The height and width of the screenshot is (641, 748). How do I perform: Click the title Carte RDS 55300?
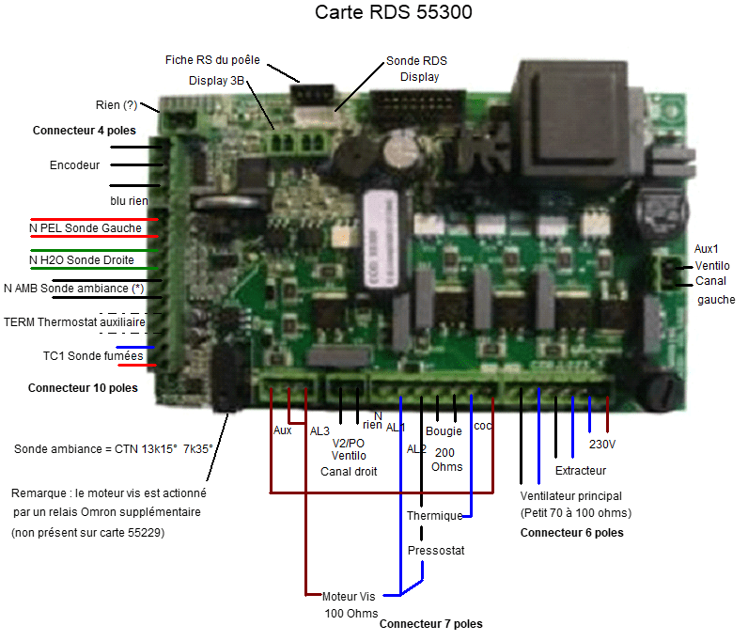point(393,13)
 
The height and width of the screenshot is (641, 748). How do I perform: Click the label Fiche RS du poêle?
point(212,60)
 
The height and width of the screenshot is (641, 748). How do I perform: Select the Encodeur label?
point(74,165)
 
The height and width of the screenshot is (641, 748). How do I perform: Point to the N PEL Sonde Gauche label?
point(86,228)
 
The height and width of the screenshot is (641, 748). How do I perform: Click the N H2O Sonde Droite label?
point(82,260)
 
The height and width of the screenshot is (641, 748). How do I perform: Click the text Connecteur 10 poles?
point(83,387)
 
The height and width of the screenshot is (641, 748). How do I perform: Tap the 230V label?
point(602,444)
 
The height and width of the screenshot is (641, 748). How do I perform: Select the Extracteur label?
point(581,470)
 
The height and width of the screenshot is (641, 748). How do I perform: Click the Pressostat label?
point(436,550)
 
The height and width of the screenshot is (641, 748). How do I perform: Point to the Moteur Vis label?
point(349,596)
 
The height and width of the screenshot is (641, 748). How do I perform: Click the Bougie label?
point(444,432)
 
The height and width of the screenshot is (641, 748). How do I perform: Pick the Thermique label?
point(435,516)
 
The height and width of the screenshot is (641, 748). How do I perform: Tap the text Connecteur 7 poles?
point(431,623)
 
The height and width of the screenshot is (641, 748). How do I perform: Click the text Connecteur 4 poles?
point(84,131)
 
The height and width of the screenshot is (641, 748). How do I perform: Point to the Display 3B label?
point(217,81)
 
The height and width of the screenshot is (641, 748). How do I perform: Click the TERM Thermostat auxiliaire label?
point(75,321)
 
